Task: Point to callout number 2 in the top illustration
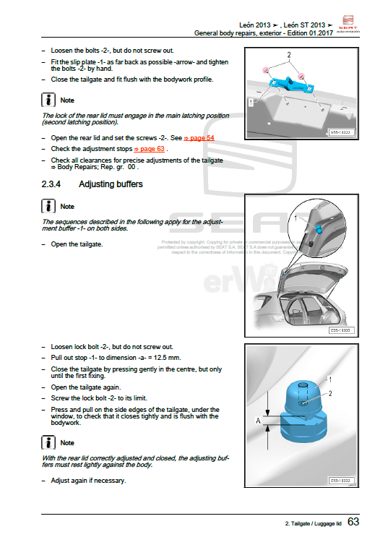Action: [289, 55]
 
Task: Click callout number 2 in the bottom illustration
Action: [330, 394]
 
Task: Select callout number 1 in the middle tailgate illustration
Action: [296, 217]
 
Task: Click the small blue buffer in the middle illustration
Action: [317, 230]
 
